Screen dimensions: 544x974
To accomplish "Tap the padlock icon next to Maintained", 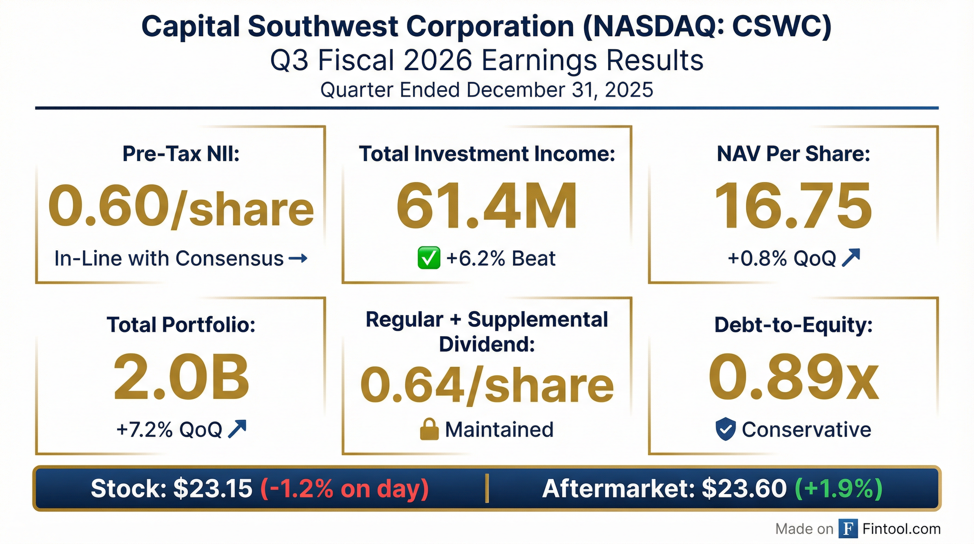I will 430,430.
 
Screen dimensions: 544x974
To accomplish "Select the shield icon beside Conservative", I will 726,430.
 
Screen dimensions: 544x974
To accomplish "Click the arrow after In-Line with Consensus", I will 298,259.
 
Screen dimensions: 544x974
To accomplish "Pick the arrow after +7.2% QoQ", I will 237,429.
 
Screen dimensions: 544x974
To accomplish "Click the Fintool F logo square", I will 848,528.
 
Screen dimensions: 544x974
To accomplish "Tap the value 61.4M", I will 487,206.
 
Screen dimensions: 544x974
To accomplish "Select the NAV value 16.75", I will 793,206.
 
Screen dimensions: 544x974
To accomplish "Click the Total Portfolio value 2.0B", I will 181,378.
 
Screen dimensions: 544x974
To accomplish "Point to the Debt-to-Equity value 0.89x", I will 793,378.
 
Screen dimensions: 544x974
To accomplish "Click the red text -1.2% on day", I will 344,488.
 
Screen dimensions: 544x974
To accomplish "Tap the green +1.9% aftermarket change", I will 839,488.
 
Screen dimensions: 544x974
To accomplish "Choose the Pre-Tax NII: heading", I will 181,154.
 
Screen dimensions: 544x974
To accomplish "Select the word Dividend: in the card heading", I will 487,344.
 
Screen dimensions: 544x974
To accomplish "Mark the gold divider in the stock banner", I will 487,488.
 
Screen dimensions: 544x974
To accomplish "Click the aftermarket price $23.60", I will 744,488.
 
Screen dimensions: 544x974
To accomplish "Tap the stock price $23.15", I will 212,488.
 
